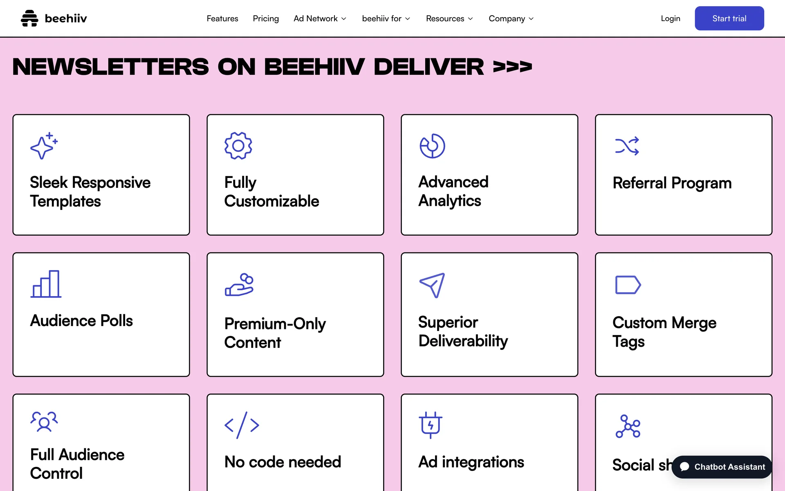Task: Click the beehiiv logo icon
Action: point(29,18)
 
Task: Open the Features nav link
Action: point(222,18)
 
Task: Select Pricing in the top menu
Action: point(266,18)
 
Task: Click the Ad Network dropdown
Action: point(320,18)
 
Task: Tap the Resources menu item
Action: point(449,18)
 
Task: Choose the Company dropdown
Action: point(511,18)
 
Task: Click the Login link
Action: point(671,18)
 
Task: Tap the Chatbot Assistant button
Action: point(722,467)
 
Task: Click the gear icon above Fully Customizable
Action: point(238,146)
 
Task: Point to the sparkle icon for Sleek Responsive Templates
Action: point(44,146)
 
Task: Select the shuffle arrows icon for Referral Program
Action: point(627,146)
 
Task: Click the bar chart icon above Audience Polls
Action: point(46,284)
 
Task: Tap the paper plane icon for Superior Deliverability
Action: point(432,285)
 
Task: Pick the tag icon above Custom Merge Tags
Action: point(628,285)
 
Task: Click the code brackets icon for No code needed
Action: point(242,425)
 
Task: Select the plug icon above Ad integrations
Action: point(431,425)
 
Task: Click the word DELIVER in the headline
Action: point(428,67)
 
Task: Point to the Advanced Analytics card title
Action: point(453,191)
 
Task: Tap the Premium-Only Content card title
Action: point(275,333)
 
